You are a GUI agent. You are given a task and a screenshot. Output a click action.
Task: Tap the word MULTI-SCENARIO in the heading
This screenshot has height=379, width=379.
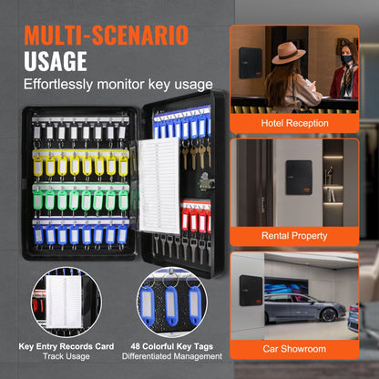tap(107, 35)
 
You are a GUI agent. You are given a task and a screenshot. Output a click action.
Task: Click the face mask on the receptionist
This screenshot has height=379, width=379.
tap(347, 59)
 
